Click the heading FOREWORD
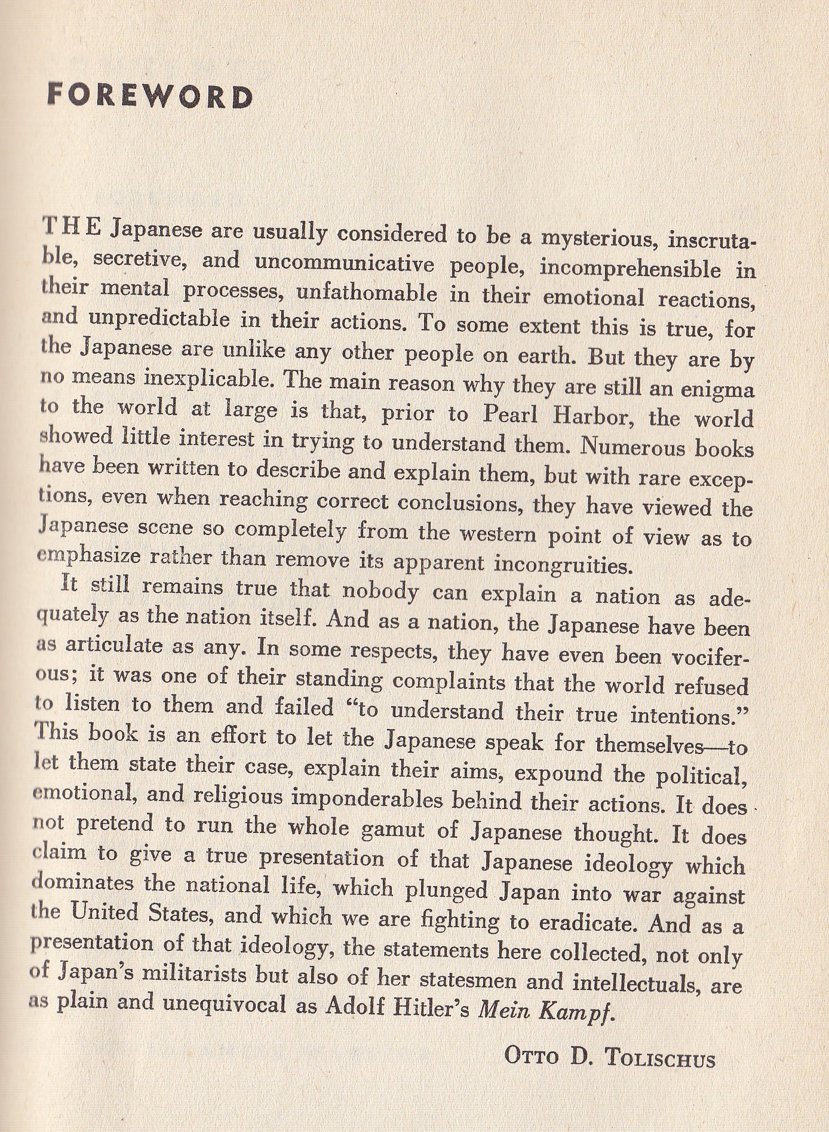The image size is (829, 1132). pyautogui.click(x=149, y=97)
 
